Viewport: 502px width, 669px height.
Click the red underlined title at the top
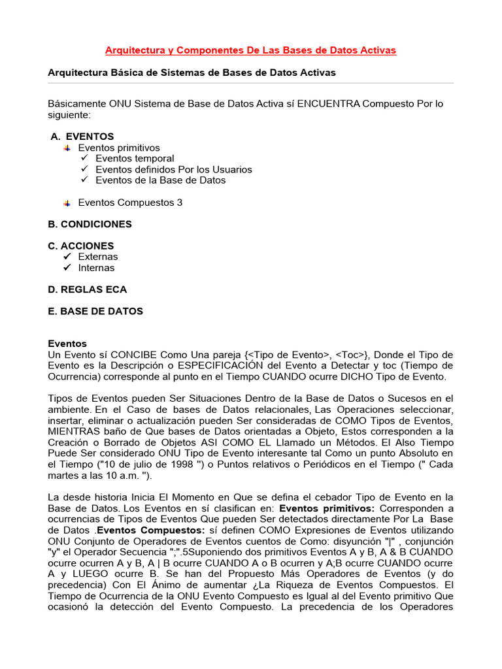pyautogui.click(x=251, y=50)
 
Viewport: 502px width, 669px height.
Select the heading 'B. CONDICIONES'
pyautogui.click(x=90, y=224)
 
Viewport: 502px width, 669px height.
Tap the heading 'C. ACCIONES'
pyautogui.click(x=80, y=246)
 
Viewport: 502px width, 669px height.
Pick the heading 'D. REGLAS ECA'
pyautogui.click(x=88, y=289)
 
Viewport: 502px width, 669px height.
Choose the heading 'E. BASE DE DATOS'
pyautogui.click(x=95, y=311)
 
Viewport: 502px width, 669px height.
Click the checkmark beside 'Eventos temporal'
pyautogui.click(x=84, y=158)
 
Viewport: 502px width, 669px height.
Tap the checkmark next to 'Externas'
pyautogui.click(x=66, y=257)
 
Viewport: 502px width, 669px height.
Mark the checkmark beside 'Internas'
pyautogui.click(x=66, y=268)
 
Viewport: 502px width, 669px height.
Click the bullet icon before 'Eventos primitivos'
pyautogui.click(x=67, y=148)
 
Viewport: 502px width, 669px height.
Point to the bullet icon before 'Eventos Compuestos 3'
pyautogui.click(x=67, y=203)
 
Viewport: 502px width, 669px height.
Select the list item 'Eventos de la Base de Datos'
pyautogui.click(x=160, y=180)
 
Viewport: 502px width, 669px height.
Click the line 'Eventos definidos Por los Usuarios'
pyautogui.click(x=173, y=169)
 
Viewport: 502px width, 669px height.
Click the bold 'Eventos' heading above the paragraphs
pyautogui.click(x=67, y=344)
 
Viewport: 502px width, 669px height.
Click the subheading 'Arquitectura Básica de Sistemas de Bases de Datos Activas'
pyautogui.click(x=192, y=73)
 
